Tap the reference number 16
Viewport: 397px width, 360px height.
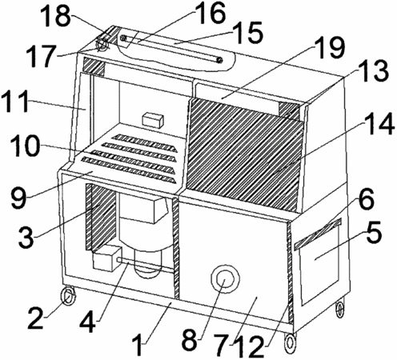tap(211, 13)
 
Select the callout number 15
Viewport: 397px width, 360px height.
tap(247, 34)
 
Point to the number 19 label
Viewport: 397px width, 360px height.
tap(330, 47)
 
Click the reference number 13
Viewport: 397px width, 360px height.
tap(374, 70)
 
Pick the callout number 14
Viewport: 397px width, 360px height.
tap(379, 123)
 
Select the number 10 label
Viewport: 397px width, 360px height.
tap(27, 146)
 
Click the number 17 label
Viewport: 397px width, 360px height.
tap(42, 55)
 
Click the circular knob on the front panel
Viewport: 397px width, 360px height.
tap(225, 278)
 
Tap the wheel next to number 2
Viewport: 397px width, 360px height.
tap(69, 295)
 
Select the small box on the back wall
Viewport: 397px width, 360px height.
tap(153, 119)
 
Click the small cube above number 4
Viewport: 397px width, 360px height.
tap(106, 258)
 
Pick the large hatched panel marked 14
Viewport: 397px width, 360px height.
tap(244, 154)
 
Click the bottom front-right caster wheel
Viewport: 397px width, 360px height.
tap(290, 342)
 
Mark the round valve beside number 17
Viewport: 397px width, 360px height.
tap(102, 45)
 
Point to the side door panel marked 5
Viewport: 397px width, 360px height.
tap(319, 264)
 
